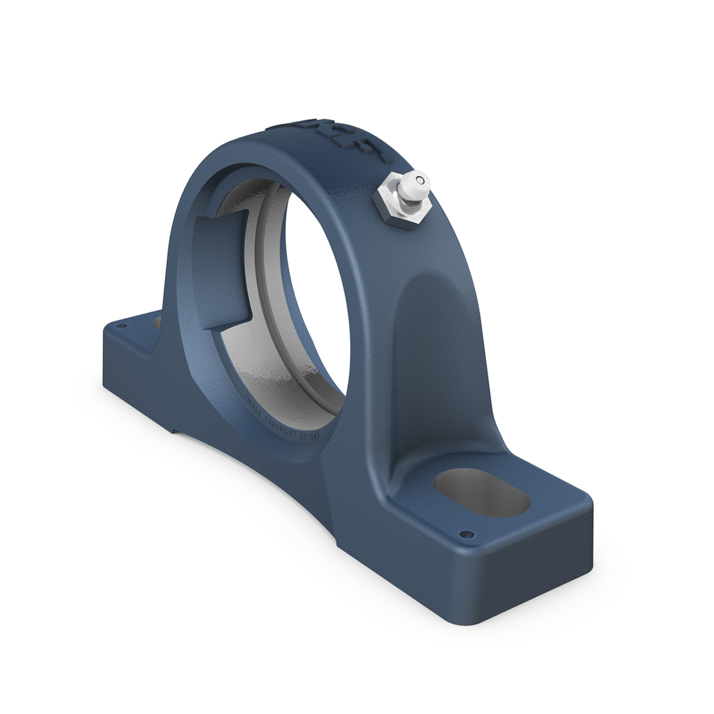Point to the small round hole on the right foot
(463, 533)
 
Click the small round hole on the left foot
(118, 323)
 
